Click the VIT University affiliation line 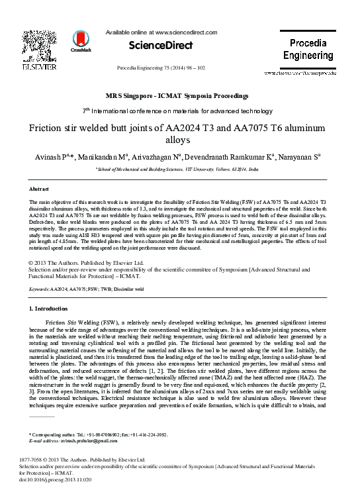coord(177,170)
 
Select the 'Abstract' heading coord(40,189)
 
